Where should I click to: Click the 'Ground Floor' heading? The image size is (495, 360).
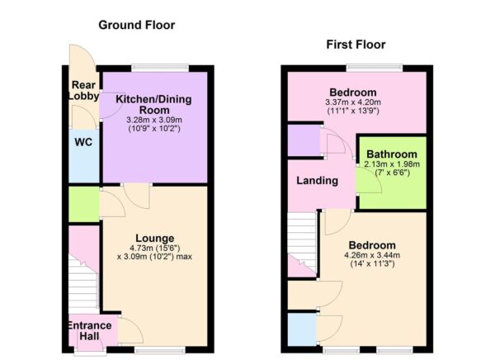[136, 25]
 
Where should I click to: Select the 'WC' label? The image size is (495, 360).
[82, 142]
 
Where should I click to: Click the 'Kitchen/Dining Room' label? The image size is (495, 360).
[153, 105]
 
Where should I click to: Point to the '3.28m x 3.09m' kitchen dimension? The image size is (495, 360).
[153, 121]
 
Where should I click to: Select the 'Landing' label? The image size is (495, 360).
[317, 181]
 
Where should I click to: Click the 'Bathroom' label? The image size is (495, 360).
[393, 154]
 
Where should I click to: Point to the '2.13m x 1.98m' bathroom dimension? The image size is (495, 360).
[393, 164]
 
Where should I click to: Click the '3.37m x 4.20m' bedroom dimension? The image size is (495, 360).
[353, 102]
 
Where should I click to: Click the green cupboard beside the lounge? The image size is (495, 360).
[82, 205]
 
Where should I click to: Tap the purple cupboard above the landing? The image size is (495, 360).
[304, 139]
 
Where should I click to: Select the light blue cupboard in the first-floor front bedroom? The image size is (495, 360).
[303, 330]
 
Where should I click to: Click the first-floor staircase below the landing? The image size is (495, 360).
[302, 244]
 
